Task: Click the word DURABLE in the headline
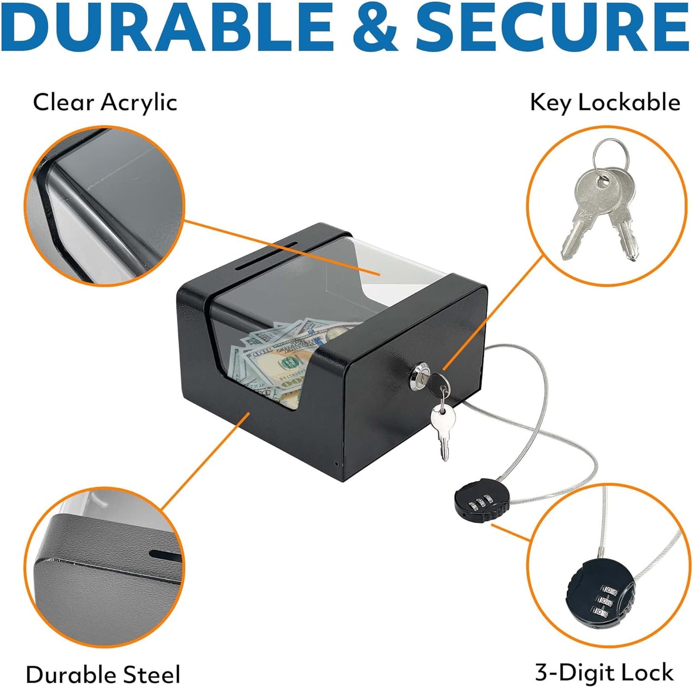[x=168, y=28]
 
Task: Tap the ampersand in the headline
[x=376, y=28]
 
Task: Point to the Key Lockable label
[x=605, y=103]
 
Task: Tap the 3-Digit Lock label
[x=605, y=651]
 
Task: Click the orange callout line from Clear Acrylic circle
[x=283, y=248]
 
